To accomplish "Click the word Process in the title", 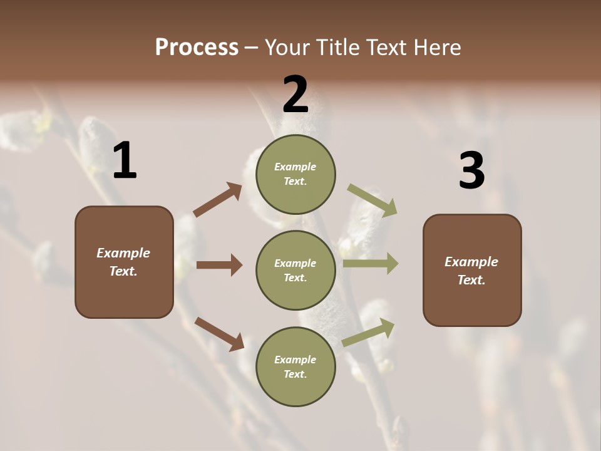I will [197, 48].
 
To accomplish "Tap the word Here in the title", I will [436, 48].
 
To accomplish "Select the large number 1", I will [125, 161].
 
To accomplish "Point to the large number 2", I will [295, 95].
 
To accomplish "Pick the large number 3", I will [471, 171].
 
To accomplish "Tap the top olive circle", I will [295, 174].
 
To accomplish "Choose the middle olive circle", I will [295, 271].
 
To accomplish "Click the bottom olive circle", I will [295, 367].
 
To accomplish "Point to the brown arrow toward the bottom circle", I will [219, 334].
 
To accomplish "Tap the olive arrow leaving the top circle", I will [372, 200].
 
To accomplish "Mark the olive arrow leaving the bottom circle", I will [369, 332].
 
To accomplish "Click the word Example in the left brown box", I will [123, 253].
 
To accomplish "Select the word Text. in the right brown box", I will [471, 280].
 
